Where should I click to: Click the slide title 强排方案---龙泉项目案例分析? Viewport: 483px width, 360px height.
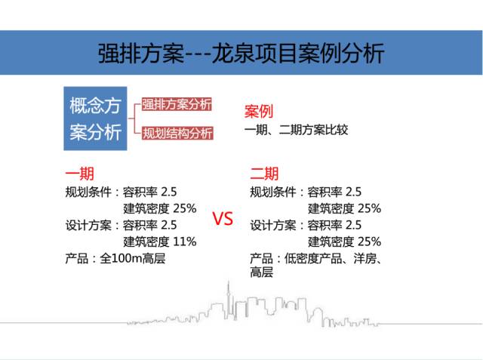tap(241, 54)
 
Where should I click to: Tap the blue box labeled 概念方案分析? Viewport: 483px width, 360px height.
tap(95, 118)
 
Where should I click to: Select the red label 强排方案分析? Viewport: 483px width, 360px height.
tap(177, 104)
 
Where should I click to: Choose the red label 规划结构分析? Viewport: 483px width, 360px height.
tap(177, 134)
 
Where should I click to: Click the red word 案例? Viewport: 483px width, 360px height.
tap(259, 111)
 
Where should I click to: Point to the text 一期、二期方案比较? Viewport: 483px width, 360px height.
tap(296, 130)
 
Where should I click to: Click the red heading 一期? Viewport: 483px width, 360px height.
tap(79, 174)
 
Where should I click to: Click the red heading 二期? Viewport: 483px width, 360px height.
tap(264, 174)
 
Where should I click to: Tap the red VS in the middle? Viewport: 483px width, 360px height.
tap(223, 219)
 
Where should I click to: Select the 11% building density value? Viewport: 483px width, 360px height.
tap(185, 242)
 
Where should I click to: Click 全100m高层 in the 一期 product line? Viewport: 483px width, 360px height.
tap(133, 258)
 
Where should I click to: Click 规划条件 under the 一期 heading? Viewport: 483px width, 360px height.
tap(88, 192)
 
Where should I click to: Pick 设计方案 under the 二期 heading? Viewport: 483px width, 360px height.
tap(273, 225)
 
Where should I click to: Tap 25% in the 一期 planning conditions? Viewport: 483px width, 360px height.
tap(185, 208)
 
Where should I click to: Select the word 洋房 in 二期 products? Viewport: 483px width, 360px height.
tap(365, 258)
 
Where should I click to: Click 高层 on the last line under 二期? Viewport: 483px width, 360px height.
tap(262, 272)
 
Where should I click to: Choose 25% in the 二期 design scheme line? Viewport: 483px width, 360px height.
tap(369, 242)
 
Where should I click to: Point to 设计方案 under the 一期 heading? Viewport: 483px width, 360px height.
tap(88, 225)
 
